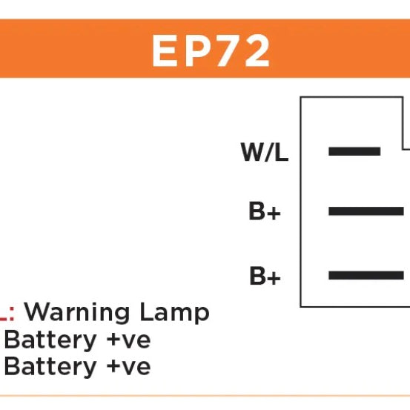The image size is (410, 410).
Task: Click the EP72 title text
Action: click(211, 51)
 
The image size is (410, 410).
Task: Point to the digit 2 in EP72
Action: click(257, 51)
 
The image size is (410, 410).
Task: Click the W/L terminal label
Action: click(265, 152)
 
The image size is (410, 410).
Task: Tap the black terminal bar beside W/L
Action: click(354, 151)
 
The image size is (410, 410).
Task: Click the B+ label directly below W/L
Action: click(265, 211)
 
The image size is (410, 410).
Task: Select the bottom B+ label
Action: click(265, 275)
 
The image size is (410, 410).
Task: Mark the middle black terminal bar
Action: click(366, 211)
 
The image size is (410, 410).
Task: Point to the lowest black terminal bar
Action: click(366, 275)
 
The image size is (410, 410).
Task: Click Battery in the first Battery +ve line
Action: click(50, 340)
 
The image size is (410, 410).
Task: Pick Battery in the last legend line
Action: click(50, 367)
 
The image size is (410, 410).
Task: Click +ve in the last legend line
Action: click(129, 367)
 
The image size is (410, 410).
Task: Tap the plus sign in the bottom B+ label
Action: click(274, 278)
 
